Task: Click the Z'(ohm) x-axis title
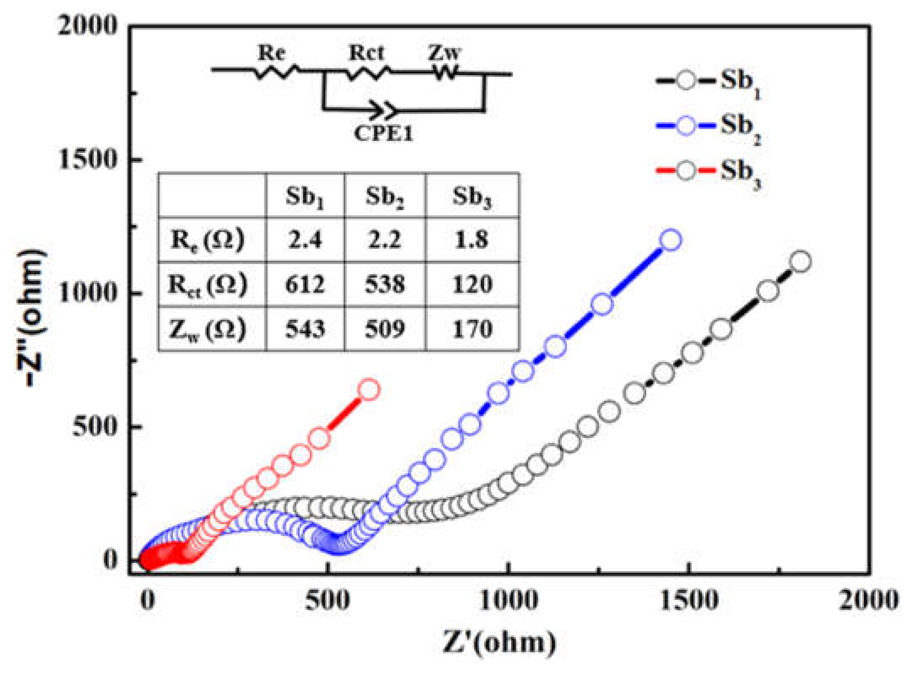(499, 643)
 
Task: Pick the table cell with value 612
(305, 284)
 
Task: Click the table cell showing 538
(385, 284)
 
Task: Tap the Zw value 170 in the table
(472, 329)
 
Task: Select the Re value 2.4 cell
(305, 240)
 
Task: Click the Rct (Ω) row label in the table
(207, 284)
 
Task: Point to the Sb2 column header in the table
(385, 197)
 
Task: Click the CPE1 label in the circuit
(383, 134)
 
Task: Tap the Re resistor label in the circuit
(272, 54)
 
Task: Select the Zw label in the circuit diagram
(444, 54)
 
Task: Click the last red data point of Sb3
(369, 389)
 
